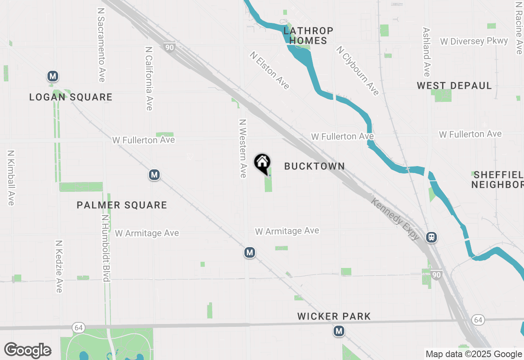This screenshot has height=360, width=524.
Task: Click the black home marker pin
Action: pos(262,163)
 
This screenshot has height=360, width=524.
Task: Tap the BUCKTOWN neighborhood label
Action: pos(314,166)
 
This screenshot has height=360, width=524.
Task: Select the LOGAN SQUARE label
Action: pos(71,97)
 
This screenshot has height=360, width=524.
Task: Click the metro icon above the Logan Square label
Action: pos(52,76)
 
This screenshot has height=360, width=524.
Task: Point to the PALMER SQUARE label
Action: pos(122,205)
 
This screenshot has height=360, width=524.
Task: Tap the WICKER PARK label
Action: pos(334,316)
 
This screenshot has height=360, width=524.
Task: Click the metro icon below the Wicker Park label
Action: pos(339,331)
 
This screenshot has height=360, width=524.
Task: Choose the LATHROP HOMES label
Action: pos(309,36)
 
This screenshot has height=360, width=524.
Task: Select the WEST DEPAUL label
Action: pos(454,85)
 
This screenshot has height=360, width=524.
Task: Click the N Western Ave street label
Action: pos(243,148)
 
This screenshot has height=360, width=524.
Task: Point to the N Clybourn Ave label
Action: pos(358,70)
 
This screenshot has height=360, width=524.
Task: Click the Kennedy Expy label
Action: pos(396,219)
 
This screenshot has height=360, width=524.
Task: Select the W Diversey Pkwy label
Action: pos(474,41)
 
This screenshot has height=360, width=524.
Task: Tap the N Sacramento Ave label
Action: pos(101,44)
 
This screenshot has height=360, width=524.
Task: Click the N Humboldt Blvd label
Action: pos(106,248)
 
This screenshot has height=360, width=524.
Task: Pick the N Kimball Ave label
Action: pos(11,178)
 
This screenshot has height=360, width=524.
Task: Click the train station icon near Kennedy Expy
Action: pos(431,237)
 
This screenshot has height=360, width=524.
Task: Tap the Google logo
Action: pos(28,350)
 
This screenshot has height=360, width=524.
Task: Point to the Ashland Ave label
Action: pos(427,52)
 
